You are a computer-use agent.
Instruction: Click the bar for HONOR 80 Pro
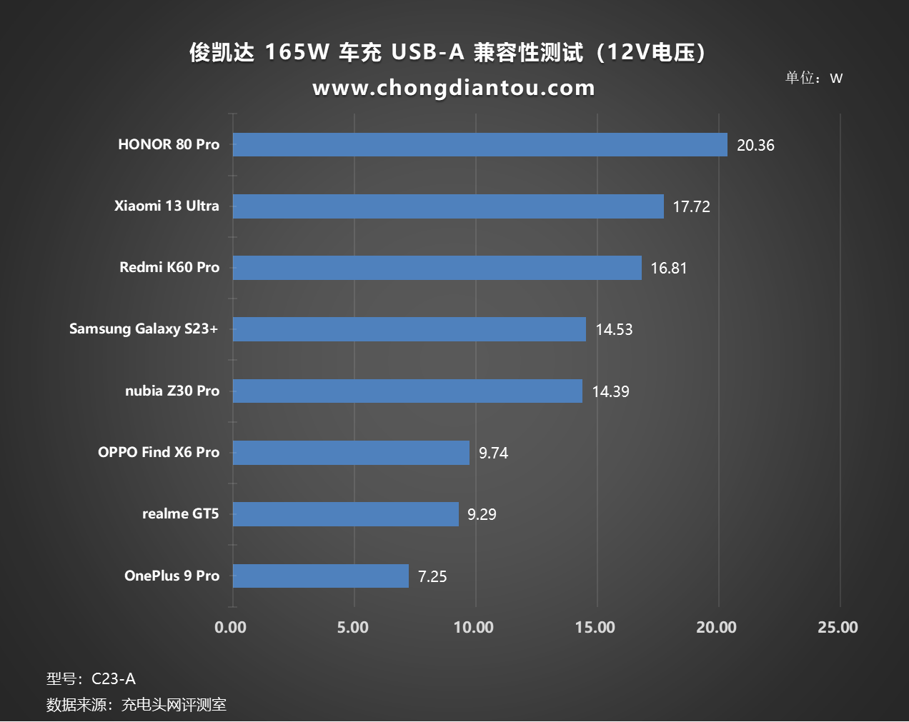coord(480,144)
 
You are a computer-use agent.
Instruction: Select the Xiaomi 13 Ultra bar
coord(448,206)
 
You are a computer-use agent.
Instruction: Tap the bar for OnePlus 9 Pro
coord(321,576)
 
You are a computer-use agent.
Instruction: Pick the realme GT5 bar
coord(346,514)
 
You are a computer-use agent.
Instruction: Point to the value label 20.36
coord(755,146)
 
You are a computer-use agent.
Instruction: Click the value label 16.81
coord(668,269)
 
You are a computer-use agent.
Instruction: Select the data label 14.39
coord(610,391)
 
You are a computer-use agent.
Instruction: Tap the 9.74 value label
coord(493,453)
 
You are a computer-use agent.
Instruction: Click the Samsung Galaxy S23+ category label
coord(144,329)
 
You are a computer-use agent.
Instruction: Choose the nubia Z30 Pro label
coord(172,391)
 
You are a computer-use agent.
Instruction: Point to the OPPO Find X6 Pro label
coord(159,452)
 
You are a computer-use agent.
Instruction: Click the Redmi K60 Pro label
coord(169,267)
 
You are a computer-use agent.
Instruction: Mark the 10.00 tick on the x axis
coord(474,628)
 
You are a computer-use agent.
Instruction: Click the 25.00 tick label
coord(838,628)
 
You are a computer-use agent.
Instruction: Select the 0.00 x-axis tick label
coord(230,628)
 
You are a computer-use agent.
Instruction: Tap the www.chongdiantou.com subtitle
coord(454,88)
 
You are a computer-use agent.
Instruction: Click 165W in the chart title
coord(297,52)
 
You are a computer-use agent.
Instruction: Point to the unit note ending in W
coord(814,78)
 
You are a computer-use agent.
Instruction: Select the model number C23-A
coord(114,679)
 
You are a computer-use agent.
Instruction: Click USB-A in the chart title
coord(427,52)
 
